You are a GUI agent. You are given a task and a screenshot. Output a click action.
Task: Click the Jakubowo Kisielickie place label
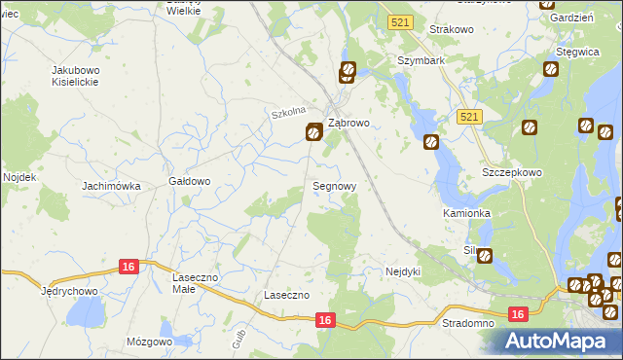point(80,77)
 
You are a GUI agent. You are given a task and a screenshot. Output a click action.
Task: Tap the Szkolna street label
point(289,112)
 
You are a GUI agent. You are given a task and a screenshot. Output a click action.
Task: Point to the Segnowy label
point(334,185)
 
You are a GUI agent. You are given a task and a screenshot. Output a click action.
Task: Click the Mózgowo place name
point(149,342)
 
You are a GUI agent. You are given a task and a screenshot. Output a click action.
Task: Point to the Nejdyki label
point(402,271)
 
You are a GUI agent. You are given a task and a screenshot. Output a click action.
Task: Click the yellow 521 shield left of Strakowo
point(398,21)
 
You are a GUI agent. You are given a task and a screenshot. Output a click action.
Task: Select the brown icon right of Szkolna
point(313,132)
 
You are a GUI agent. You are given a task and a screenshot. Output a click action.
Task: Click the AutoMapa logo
point(559,341)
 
